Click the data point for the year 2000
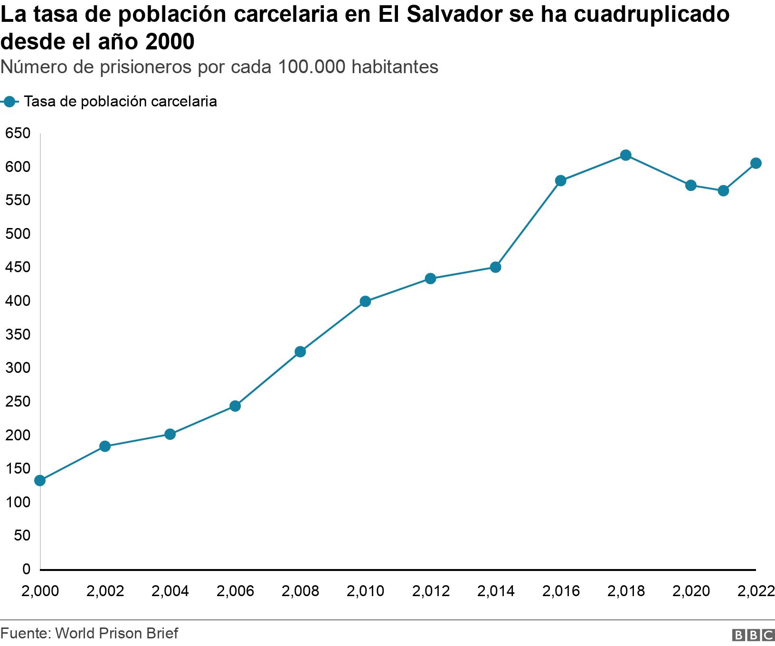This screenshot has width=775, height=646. [x=40, y=481]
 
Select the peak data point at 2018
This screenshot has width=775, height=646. [x=626, y=155]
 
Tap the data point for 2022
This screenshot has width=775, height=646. [x=756, y=163]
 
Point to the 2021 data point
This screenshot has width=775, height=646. [x=723, y=191]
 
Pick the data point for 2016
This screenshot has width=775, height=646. [x=560, y=180]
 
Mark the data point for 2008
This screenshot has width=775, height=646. [x=300, y=351]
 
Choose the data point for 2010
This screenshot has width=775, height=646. [x=365, y=301]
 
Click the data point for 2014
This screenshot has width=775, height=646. [x=495, y=267]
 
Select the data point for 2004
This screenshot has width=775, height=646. [x=170, y=434]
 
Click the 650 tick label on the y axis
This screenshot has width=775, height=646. [x=18, y=133]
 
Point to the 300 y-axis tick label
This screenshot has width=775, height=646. [x=18, y=368]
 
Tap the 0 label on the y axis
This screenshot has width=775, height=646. [x=26, y=569]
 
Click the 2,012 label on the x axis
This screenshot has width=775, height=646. [x=431, y=591]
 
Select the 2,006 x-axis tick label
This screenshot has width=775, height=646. [x=235, y=591]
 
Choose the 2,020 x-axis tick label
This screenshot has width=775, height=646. [x=691, y=591]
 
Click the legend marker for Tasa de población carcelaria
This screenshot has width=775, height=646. [x=9, y=102]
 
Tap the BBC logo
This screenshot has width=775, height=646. [x=754, y=635]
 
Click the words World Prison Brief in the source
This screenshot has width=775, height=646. [x=117, y=633]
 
